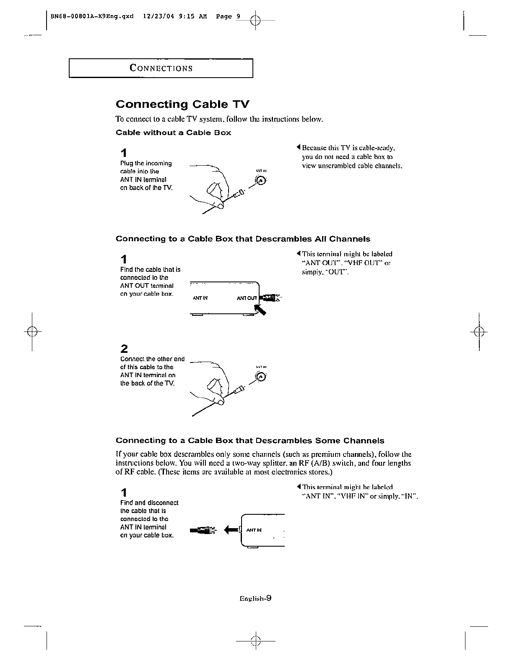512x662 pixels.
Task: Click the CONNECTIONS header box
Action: pyautogui.click(x=161, y=68)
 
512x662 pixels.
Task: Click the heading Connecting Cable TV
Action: pyautogui.click(x=182, y=104)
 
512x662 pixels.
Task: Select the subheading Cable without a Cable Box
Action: pyautogui.click(x=173, y=133)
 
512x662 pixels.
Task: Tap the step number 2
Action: pyautogui.click(x=124, y=349)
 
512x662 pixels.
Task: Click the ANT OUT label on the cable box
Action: pyautogui.click(x=247, y=298)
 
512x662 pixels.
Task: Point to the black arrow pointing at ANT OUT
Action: pyautogui.click(x=260, y=310)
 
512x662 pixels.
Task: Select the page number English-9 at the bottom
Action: pyautogui.click(x=255, y=599)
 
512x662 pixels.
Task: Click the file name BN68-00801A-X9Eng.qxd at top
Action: pyautogui.click(x=92, y=17)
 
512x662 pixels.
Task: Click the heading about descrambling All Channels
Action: pyautogui.click(x=243, y=239)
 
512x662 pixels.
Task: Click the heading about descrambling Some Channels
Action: pyautogui.click(x=250, y=441)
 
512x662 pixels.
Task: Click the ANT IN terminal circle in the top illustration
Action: pyautogui.click(x=261, y=181)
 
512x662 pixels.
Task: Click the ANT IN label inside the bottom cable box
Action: pyautogui.click(x=254, y=530)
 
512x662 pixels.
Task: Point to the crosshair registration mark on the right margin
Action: pyautogui.click(x=478, y=331)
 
